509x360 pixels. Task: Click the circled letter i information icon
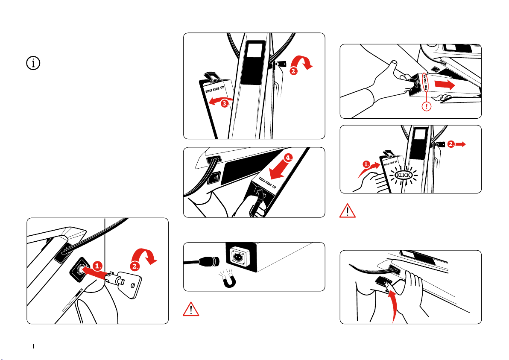(34, 63)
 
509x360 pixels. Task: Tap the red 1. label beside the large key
(98, 265)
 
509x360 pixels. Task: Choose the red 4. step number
(289, 157)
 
